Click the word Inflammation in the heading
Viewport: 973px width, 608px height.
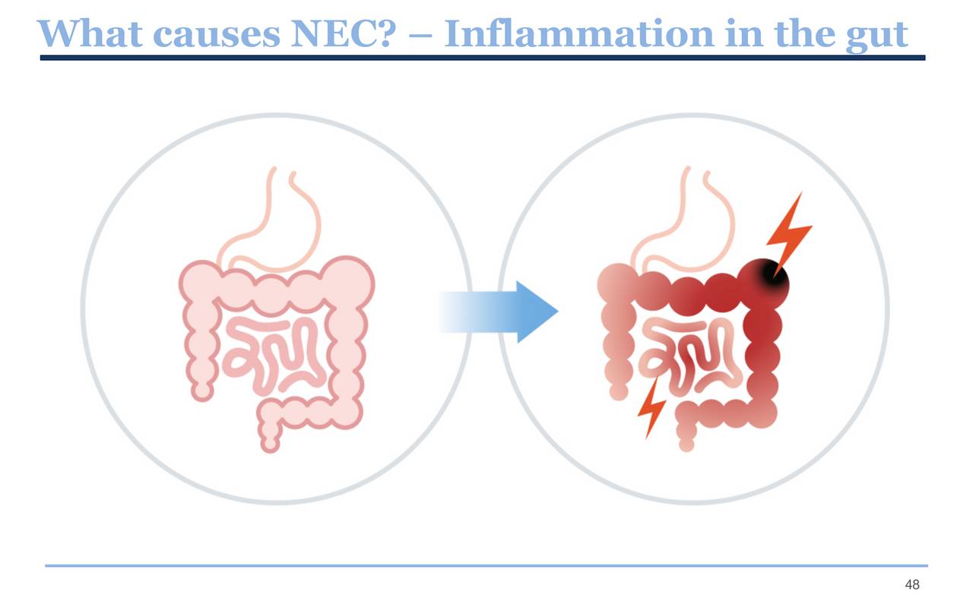578,33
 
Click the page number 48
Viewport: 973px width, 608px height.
912,584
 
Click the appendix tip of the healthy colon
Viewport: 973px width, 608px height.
201,391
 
